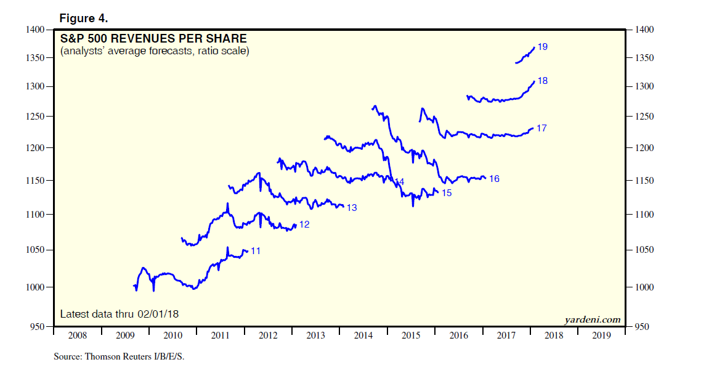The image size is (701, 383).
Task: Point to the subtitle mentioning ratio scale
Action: (155, 51)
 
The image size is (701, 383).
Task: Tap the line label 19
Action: (543, 47)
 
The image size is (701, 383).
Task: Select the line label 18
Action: (543, 81)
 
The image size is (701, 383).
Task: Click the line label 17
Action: (541, 128)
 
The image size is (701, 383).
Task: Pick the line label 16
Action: (494, 179)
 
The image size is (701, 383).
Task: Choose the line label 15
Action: (447, 193)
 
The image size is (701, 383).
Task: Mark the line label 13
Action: (352, 208)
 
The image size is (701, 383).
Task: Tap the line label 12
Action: (304, 224)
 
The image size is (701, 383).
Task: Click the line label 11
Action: (256, 251)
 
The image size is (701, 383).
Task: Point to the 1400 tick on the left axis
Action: (36, 30)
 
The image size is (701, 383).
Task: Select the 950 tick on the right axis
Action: (638, 327)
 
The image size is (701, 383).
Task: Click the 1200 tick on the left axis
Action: (36, 148)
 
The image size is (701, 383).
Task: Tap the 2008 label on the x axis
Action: (78, 336)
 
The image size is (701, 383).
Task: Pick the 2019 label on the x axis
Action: (602, 336)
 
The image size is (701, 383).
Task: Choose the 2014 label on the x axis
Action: (363, 336)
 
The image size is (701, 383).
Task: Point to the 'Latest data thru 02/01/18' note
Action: (120, 314)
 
